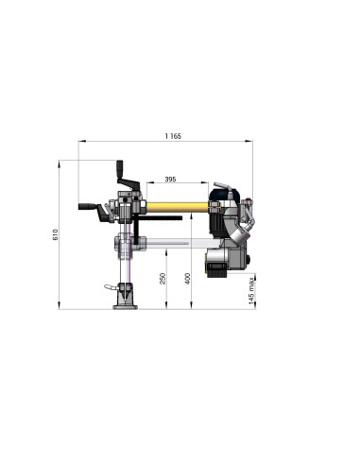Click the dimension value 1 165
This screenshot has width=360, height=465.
click(x=172, y=137)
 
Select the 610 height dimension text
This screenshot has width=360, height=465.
click(x=56, y=233)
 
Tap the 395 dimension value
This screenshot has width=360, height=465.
click(x=170, y=179)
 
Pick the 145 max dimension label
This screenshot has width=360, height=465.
click(x=251, y=291)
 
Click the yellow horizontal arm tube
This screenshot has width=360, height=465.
click(x=176, y=205)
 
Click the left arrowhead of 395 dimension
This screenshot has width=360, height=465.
click(x=145, y=184)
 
